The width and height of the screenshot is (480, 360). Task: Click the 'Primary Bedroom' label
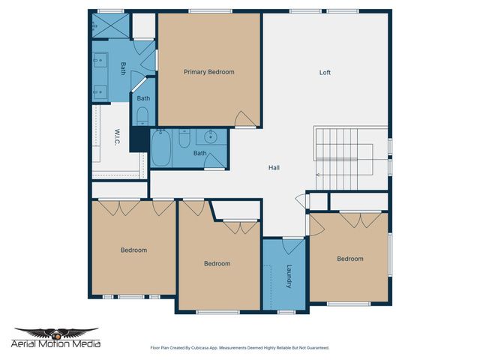209,72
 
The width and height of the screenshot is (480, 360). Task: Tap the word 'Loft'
325,73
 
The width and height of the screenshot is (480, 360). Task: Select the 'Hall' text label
274,167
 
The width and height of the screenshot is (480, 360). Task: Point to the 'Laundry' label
287,275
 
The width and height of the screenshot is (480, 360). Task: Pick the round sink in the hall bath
211,136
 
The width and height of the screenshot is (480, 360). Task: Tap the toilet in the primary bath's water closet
142,115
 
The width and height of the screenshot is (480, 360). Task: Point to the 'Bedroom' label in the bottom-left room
133,250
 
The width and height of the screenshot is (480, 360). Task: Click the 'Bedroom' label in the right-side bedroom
349,259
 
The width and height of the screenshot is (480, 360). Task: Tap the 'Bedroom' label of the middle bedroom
217,263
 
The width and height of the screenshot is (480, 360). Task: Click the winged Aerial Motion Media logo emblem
57,332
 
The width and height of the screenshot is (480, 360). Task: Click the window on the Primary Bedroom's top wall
199,10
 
